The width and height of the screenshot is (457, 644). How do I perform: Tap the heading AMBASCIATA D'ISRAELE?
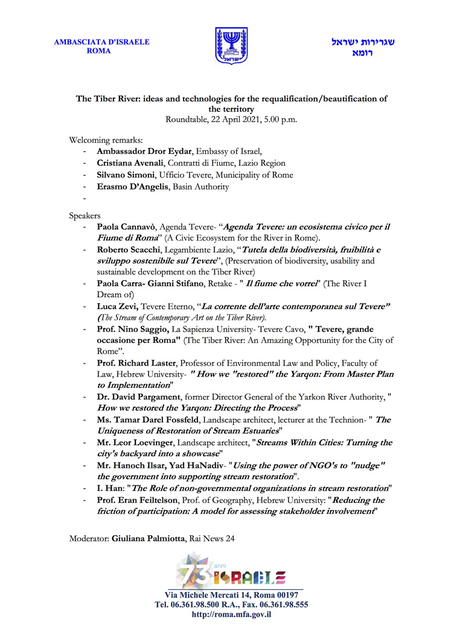101,42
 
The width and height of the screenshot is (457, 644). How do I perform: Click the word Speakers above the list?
85,215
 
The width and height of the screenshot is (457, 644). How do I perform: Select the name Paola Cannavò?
126,227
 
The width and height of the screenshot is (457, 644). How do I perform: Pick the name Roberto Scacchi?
128,250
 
